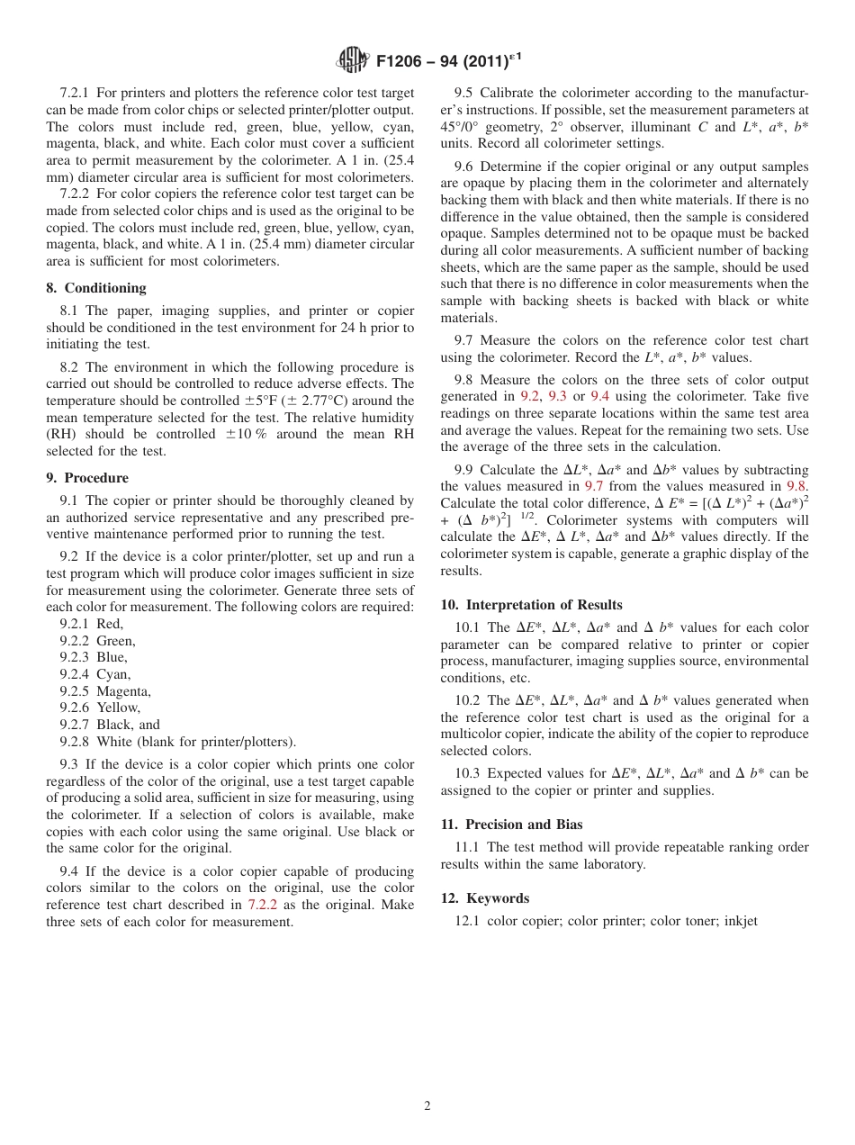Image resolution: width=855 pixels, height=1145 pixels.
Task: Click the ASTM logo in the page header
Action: click(x=353, y=60)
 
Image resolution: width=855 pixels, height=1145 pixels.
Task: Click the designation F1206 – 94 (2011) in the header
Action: click(x=442, y=61)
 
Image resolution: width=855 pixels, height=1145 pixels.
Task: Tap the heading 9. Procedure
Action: click(x=87, y=478)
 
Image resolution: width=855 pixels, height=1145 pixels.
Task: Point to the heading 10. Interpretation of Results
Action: click(x=531, y=605)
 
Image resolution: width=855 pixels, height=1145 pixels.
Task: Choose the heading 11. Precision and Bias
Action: click(x=511, y=825)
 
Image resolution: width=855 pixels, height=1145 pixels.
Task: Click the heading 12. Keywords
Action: click(x=484, y=898)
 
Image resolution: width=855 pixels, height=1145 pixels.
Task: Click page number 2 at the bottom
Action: click(x=427, y=1106)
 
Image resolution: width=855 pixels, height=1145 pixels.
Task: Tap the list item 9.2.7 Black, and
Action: click(x=110, y=725)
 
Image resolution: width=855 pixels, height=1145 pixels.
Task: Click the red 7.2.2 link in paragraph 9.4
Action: click(x=262, y=906)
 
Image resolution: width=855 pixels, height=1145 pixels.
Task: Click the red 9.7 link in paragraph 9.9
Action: click(x=594, y=486)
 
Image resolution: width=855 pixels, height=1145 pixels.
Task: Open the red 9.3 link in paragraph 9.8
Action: click(x=557, y=396)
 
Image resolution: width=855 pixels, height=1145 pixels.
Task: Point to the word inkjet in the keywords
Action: click(x=741, y=921)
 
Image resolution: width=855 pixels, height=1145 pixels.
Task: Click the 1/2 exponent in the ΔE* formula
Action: click(x=527, y=517)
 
